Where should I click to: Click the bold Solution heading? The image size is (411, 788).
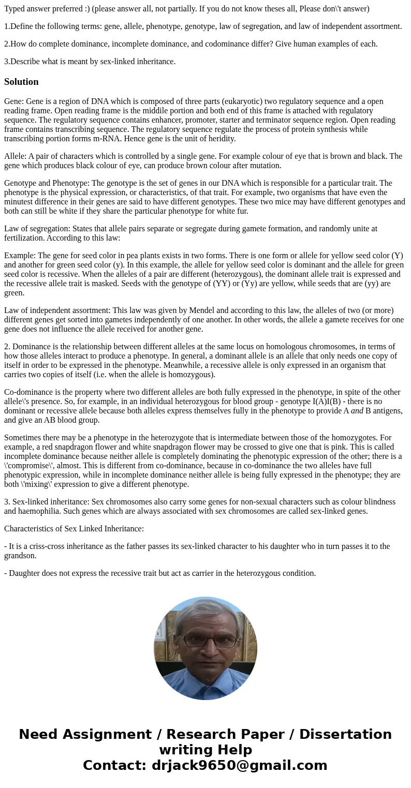(x=21, y=82)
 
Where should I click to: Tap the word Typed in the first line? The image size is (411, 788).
(x=15, y=9)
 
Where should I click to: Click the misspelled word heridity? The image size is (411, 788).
(x=220, y=139)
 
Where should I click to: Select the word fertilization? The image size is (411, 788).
(x=24, y=238)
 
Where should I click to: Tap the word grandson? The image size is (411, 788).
(x=21, y=556)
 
